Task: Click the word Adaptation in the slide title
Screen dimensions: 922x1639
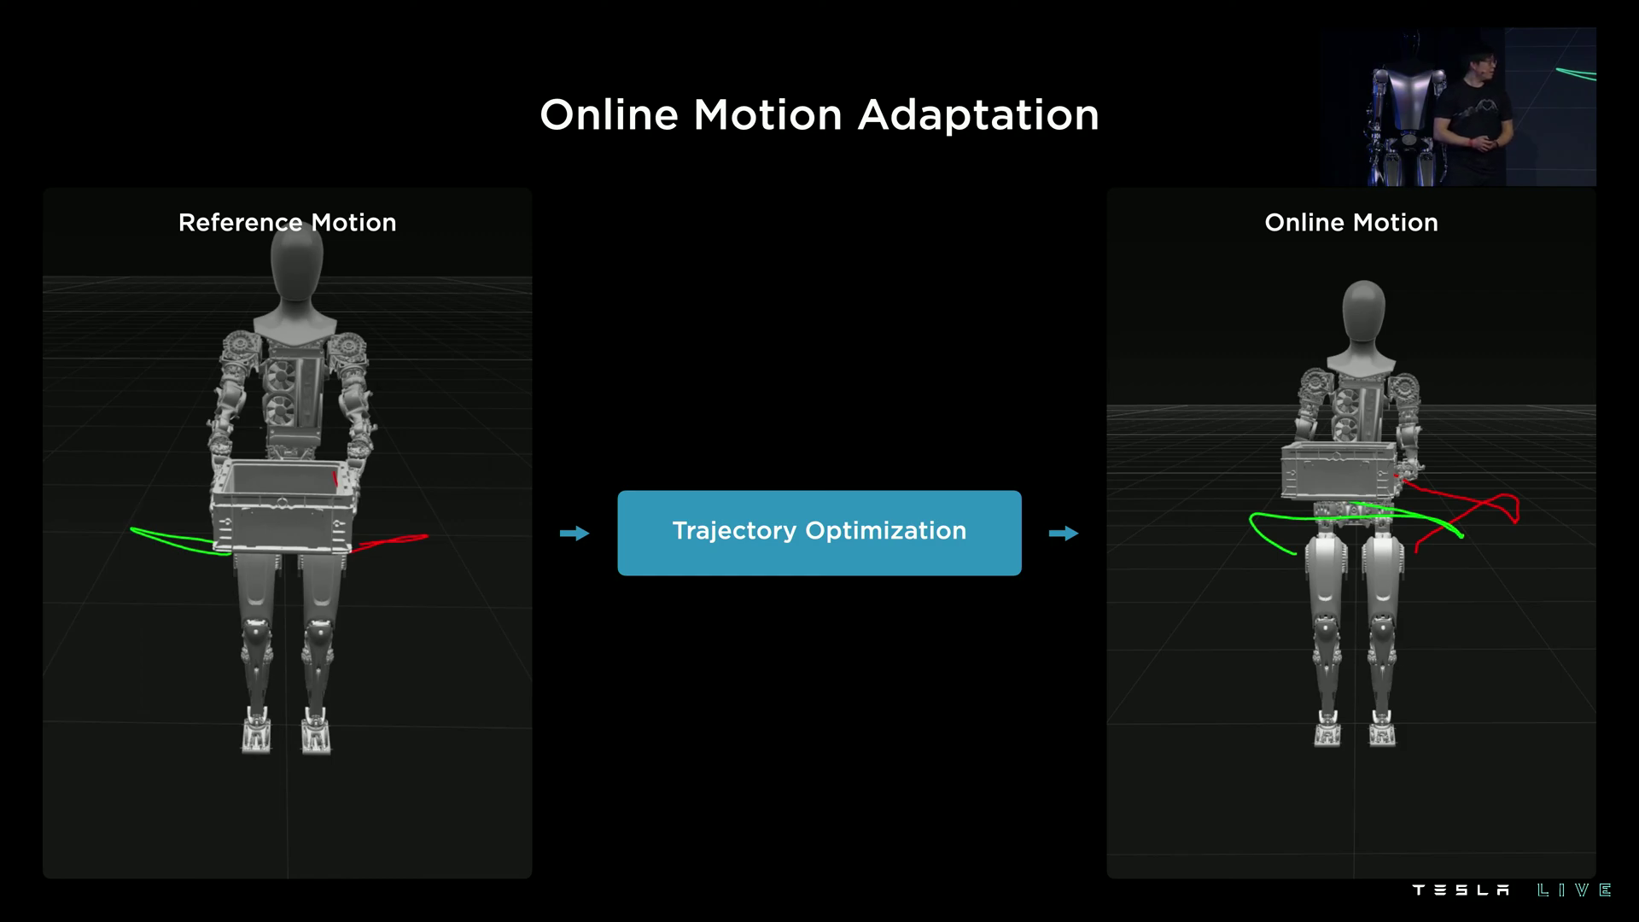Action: pos(978,115)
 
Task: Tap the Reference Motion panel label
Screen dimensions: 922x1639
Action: pos(287,223)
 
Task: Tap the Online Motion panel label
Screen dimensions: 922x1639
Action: pos(1350,223)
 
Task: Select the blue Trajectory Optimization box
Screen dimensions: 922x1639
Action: pos(819,533)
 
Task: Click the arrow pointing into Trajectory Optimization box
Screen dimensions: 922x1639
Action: pos(575,534)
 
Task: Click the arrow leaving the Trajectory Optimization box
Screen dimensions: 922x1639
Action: pos(1064,534)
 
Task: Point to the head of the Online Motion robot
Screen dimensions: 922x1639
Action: pos(1363,312)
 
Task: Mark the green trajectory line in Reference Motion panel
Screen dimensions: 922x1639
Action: pos(175,540)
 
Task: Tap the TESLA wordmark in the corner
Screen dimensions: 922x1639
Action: pos(1461,890)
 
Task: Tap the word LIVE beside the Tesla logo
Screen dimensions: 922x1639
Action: pos(1574,890)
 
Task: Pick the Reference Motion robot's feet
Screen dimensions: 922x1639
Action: pos(286,732)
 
